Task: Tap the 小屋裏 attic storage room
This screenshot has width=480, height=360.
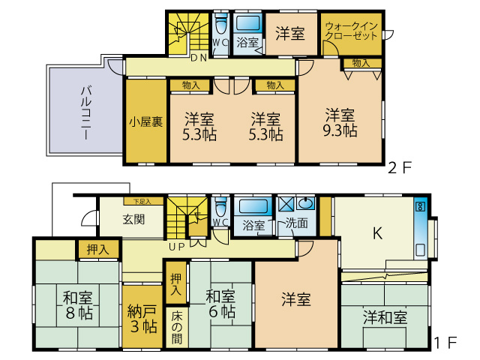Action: [x=145, y=121]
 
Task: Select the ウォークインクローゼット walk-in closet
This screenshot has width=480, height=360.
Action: [x=352, y=32]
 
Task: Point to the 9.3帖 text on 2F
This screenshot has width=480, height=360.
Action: [x=341, y=129]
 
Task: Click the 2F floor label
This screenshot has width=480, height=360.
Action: [x=400, y=167]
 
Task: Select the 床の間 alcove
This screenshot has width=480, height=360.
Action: [x=177, y=325]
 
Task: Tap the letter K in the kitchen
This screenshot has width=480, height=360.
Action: [x=379, y=233]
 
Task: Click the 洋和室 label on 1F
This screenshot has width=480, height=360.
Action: [x=385, y=316]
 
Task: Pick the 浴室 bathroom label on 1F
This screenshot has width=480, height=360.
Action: [x=253, y=224]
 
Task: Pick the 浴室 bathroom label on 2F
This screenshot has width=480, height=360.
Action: [x=248, y=43]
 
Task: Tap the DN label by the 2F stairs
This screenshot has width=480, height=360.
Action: [x=198, y=58]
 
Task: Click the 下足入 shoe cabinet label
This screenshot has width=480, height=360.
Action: [x=142, y=201]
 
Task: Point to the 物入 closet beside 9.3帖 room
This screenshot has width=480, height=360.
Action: [x=361, y=63]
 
